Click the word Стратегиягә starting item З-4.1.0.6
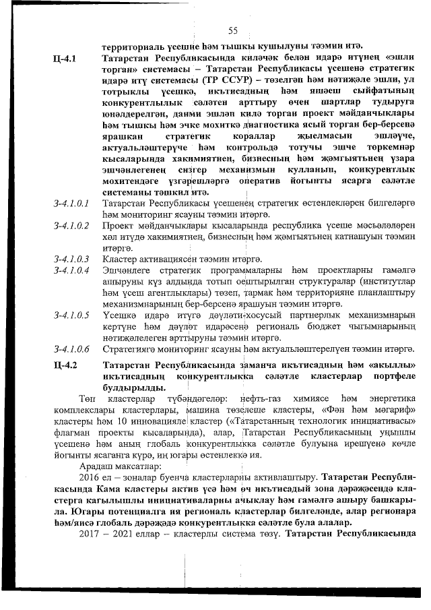click(131, 348)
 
